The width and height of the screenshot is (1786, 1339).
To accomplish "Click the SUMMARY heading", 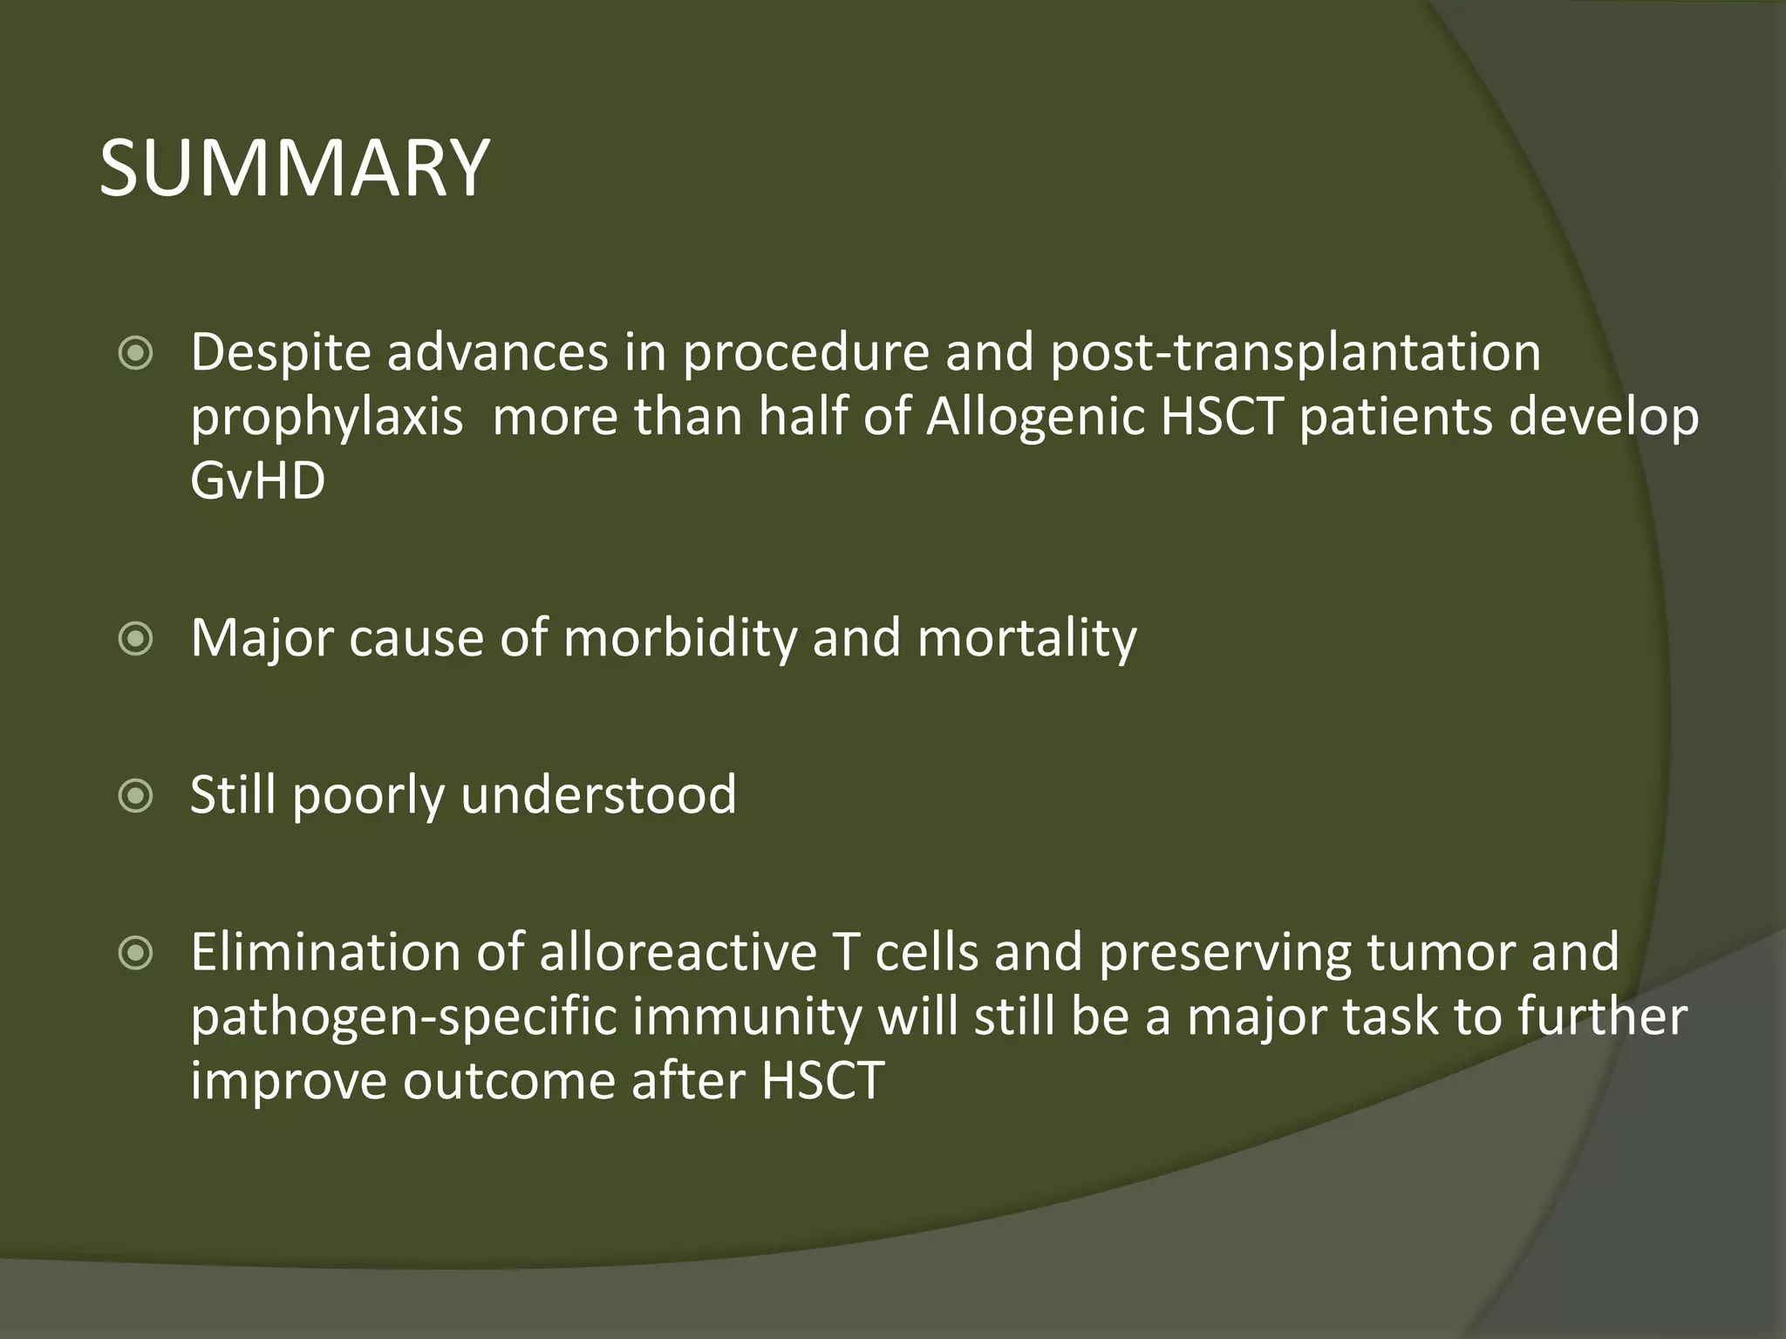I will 294,167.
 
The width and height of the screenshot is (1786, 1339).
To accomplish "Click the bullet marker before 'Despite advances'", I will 136,354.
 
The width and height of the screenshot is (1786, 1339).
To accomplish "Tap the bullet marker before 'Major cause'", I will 136,640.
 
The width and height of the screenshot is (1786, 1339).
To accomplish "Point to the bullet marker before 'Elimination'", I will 136,954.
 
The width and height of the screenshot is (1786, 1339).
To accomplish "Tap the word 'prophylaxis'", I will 327,418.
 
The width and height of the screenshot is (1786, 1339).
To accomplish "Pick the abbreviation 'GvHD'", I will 258,481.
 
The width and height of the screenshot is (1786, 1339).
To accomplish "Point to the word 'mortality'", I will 1026,638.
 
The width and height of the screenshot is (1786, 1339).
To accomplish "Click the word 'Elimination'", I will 325,952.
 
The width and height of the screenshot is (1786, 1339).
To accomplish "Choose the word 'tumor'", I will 1440,952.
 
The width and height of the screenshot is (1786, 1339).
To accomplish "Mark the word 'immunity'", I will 747,1018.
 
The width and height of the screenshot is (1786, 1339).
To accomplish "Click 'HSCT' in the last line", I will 822,1081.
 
